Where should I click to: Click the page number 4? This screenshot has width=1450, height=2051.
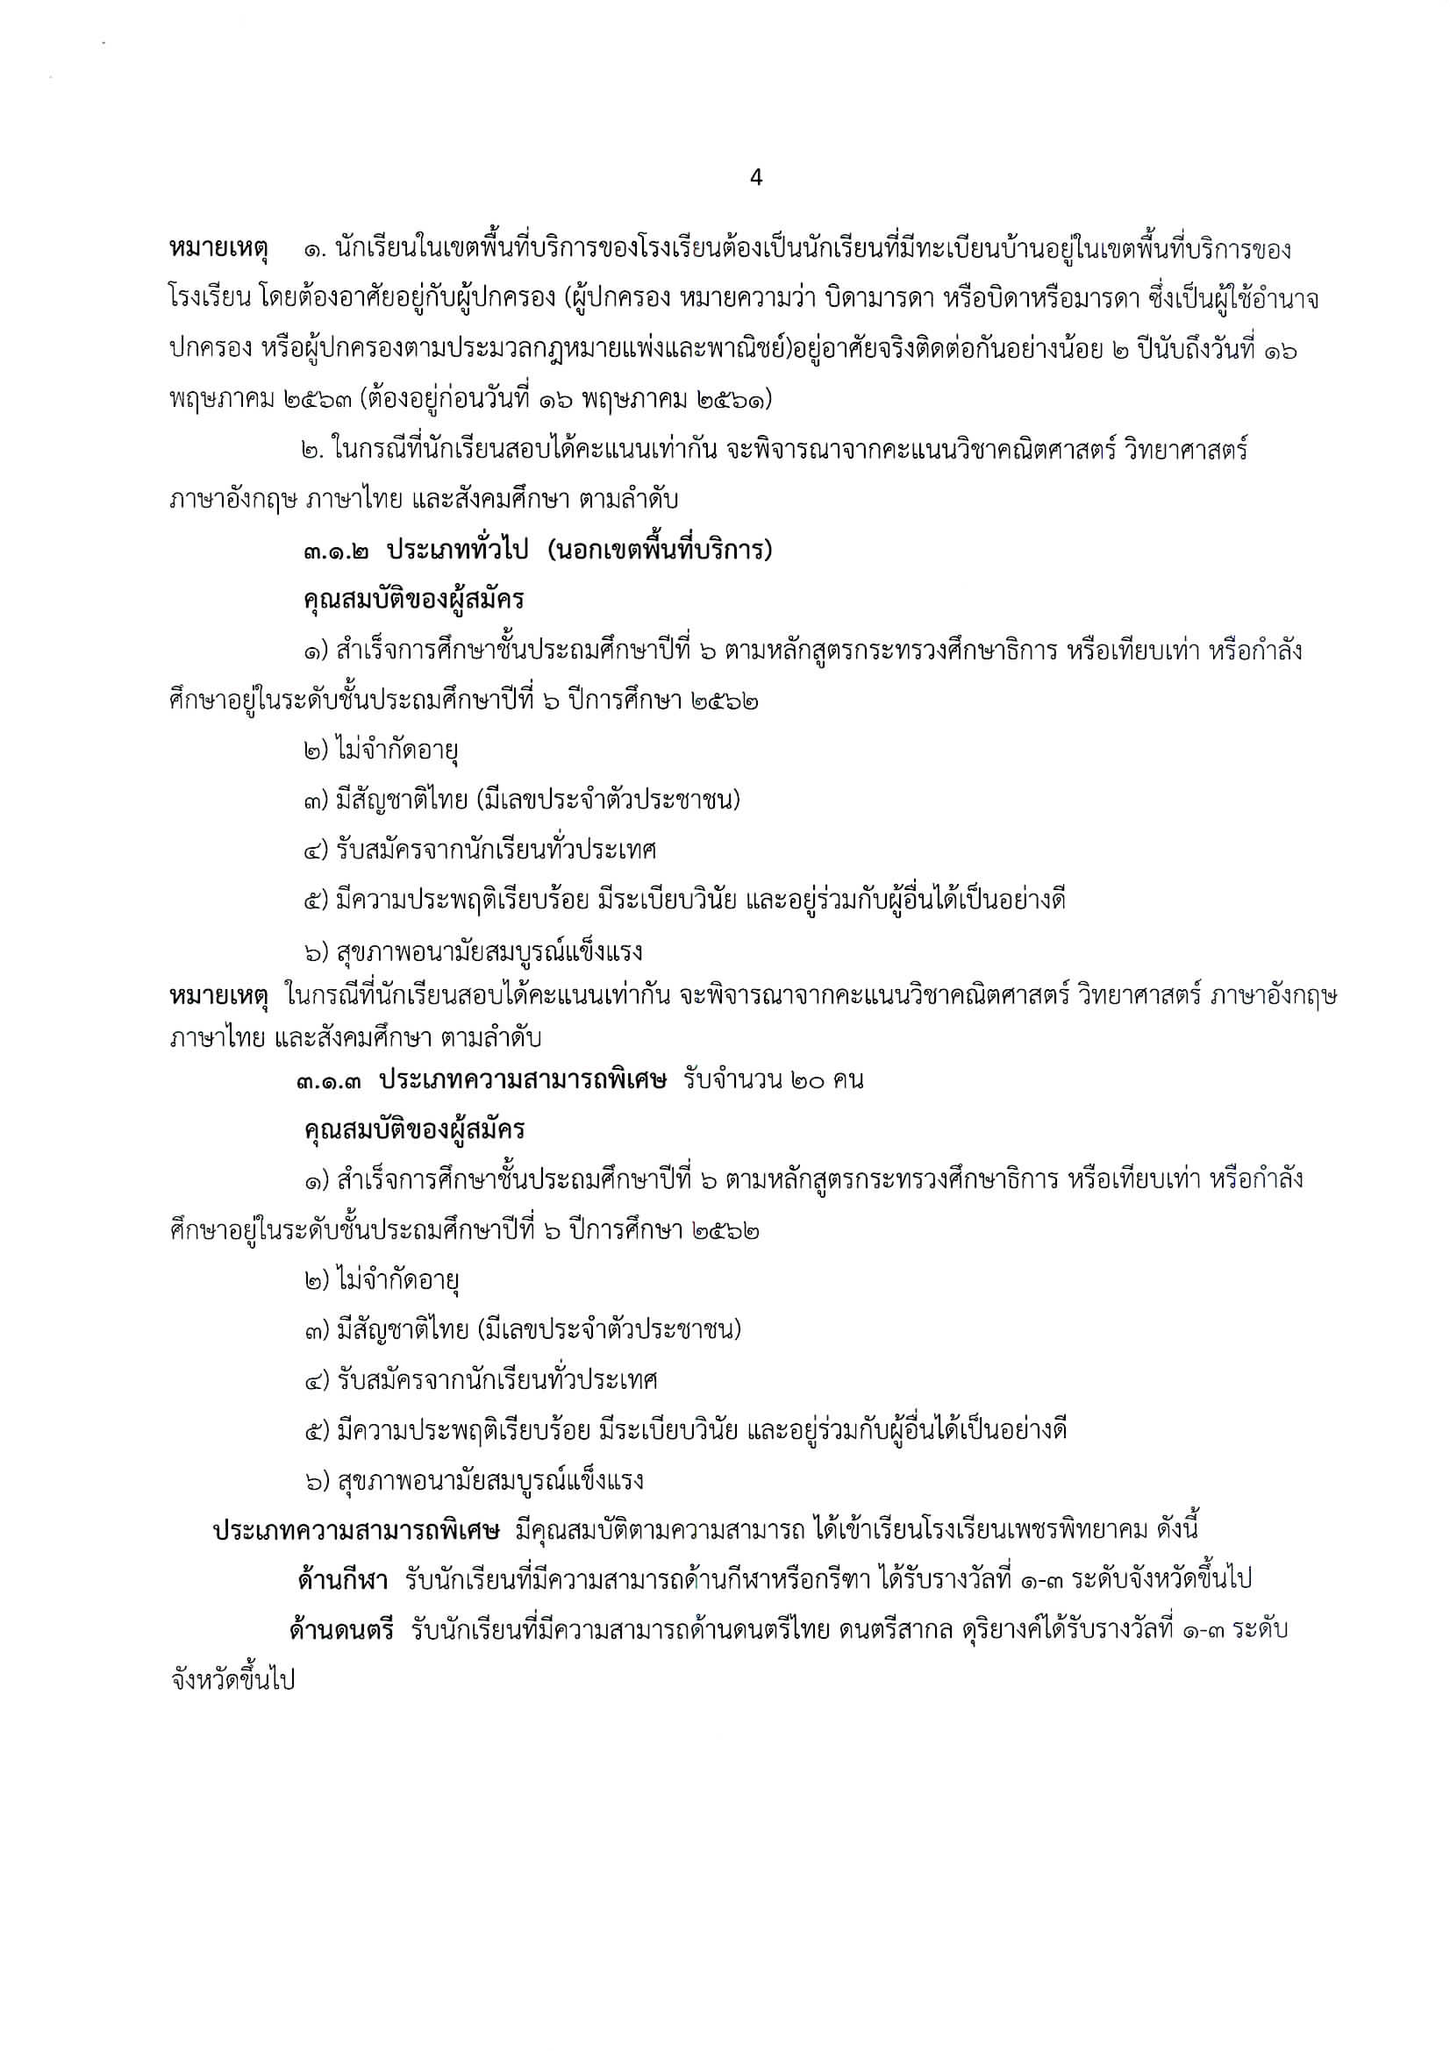[x=756, y=178]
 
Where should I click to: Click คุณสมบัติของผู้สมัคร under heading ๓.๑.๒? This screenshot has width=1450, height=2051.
[x=414, y=601]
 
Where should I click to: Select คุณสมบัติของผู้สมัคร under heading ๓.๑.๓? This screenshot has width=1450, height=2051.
[x=414, y=1130]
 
